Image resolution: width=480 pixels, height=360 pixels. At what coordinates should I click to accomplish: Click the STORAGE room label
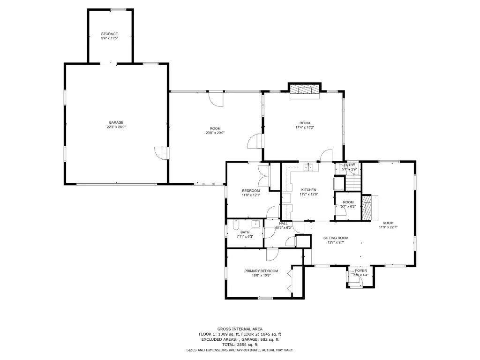(110, 34)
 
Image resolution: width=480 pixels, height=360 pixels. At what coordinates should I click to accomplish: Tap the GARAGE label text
(116, 123)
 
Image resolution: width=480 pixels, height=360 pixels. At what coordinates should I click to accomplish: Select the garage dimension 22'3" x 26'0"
(116, 127)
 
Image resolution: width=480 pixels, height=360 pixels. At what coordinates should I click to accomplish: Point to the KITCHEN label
(308, 190)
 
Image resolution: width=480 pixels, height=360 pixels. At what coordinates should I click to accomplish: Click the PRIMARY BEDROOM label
(261, 271)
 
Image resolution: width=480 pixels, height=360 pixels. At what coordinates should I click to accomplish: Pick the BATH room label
(245, 232)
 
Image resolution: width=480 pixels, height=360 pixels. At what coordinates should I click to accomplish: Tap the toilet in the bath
(236, 225)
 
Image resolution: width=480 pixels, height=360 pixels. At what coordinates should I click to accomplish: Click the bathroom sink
(255, 224)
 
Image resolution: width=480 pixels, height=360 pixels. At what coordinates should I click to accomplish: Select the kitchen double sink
(308, 167)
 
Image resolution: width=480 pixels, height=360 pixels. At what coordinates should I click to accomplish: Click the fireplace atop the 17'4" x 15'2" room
(305, 91)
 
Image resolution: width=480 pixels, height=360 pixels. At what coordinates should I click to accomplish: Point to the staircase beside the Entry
(353, 182)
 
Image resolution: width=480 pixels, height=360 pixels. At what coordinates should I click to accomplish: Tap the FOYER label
(361, 270)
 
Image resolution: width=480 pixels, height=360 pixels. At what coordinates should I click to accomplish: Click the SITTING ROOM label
(336, 238)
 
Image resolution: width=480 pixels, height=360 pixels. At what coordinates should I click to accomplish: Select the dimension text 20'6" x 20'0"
(215, 133)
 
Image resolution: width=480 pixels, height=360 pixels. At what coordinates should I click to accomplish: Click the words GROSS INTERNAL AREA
(240, 329)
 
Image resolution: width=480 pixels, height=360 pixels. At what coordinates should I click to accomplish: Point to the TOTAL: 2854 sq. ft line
(240, 345)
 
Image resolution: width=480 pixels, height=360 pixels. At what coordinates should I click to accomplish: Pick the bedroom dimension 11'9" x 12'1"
(251, 195)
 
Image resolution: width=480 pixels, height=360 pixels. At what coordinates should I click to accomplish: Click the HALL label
(283, 224)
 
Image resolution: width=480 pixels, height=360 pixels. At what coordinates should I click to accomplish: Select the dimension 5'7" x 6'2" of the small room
(348, 207)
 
